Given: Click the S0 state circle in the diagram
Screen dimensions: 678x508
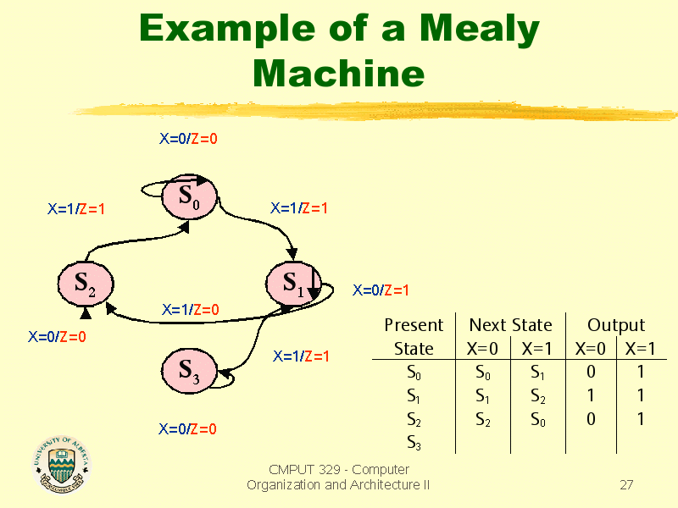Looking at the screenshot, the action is (189, 197).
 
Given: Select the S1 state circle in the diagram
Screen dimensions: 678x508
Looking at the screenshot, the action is (293, 284).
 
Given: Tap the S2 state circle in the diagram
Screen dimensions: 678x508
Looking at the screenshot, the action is (86, 284).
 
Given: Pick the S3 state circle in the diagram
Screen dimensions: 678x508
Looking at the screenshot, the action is (189, 371).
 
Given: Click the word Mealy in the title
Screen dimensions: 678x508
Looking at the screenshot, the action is (480, 30).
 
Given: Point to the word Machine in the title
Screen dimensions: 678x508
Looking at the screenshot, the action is (338, 73).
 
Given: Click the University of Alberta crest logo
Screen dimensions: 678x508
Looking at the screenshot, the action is (62, 464).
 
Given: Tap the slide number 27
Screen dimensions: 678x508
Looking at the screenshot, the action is (626, 484).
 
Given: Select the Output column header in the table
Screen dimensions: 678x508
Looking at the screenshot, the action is (616, 325).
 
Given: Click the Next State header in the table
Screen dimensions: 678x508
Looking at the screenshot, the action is (511, 325).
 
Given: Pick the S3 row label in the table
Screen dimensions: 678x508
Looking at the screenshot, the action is (414, 443).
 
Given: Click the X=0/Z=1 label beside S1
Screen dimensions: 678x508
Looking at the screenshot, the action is (381, 290).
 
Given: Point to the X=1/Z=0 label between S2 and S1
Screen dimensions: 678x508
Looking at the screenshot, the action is (190, 309).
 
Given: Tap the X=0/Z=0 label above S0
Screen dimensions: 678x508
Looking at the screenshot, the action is (188, 139).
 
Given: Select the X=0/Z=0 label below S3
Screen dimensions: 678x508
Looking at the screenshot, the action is (187, 429).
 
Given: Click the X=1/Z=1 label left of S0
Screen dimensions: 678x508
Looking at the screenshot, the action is (76, 209).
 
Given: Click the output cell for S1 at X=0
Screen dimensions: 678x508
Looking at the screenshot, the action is (591, 395).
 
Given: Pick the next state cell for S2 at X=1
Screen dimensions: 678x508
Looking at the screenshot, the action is (538, 419).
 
